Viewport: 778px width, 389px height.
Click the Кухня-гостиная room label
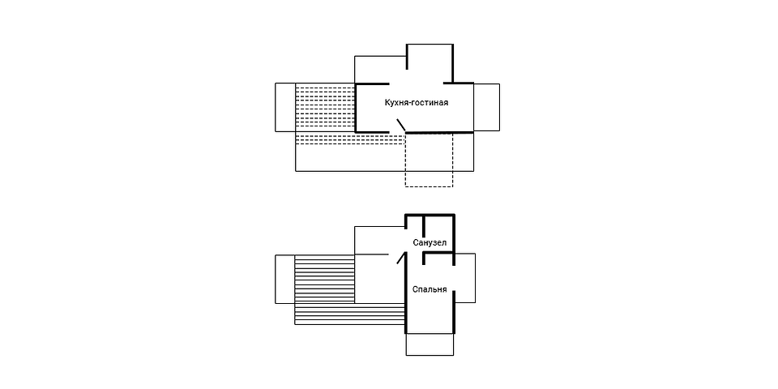417,103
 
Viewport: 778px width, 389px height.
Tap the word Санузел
430,242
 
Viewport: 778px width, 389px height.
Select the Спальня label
430,290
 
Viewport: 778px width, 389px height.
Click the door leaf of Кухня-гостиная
400,126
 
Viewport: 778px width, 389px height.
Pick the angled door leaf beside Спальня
401,259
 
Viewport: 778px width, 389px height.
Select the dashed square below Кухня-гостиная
430,160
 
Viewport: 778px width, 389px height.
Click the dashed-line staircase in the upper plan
350,115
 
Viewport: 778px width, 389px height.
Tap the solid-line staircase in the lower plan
350,289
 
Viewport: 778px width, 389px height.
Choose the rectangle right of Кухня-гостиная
486,107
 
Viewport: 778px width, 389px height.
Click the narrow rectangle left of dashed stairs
285,107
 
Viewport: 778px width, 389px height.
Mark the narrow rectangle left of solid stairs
284,279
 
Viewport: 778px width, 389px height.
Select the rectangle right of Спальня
465,278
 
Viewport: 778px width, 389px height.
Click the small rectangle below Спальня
430,344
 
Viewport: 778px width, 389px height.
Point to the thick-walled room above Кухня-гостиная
430,63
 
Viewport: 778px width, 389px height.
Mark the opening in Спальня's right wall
455,278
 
